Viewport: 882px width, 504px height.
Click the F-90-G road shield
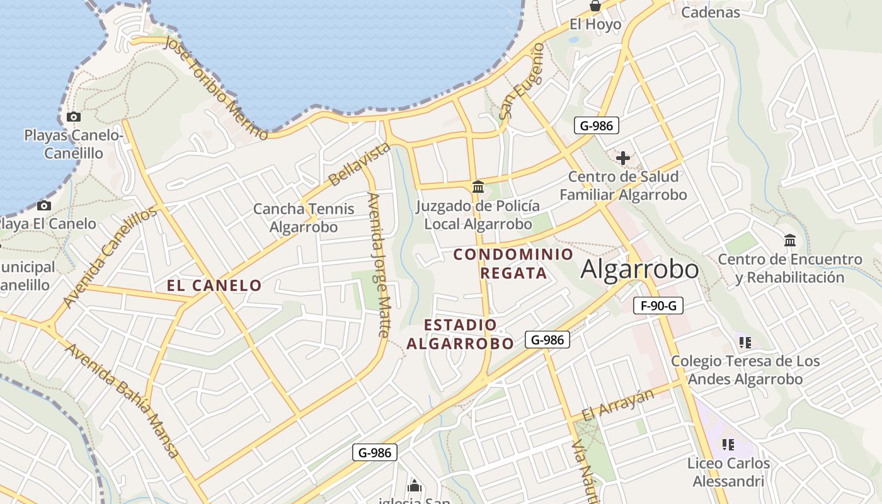tap(658, 306)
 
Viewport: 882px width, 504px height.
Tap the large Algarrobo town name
tap(639, 270)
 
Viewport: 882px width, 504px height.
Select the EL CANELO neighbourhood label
tap(214, 285)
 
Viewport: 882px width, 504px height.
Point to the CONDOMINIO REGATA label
tap(513, 263)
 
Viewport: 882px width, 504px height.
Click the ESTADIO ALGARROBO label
tap(461, 334)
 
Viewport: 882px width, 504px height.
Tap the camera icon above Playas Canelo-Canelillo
tap(74, 117)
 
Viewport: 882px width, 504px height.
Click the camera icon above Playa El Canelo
tap(44, 205)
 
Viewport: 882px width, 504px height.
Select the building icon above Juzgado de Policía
tap(478, 187)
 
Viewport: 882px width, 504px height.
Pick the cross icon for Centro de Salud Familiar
tap(623, 158)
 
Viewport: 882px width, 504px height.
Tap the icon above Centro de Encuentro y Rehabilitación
tap(790, 240)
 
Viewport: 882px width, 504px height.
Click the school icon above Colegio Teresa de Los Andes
tap(745, 343)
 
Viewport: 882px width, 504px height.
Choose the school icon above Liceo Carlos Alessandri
tap(728, 445)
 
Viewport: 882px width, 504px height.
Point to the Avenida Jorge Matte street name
tap(379, 265)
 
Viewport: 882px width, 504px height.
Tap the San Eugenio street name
tap(522, 82)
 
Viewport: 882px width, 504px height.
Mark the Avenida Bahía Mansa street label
tap(123, 401)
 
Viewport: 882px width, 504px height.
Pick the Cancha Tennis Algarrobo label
tap(304, 218)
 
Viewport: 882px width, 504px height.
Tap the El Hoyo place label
tap(595, 25)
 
